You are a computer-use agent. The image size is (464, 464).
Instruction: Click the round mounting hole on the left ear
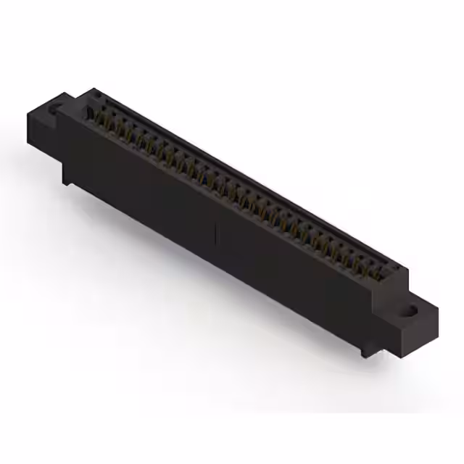tap(54, 110)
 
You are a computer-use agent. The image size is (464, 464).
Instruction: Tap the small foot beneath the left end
tap(67, 178)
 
